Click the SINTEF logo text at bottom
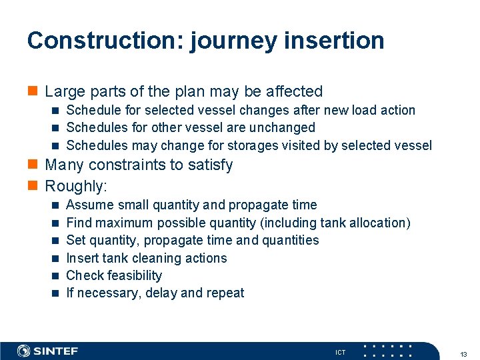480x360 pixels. [x=56, y=351]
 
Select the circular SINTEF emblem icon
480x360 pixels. [x=24, y=351]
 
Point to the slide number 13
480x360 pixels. [x=464, y=353]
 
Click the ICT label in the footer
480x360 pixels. [x=340, y=353]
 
